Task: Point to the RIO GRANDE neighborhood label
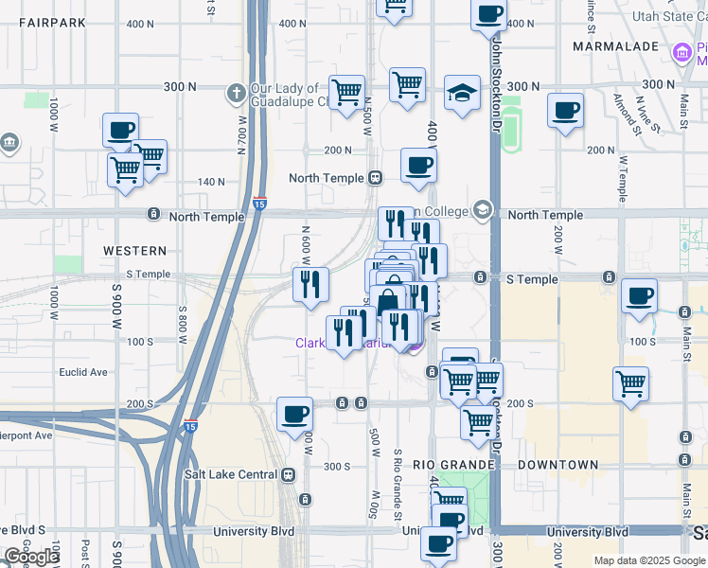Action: pos(454,465)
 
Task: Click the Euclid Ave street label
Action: pos(83,372)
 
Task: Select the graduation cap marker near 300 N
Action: pos(461,93)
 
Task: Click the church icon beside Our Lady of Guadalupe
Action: pos(236,93)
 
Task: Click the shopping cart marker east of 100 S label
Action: pos(630,383)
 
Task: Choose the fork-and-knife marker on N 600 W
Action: pos(310,283)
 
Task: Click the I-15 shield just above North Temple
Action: pos(259,204)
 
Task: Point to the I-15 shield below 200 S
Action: pos(191,426)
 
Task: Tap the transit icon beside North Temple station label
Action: pos(375,177)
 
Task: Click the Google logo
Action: pos(31,557)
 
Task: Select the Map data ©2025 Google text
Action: pos(648,560)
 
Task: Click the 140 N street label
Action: pos(211,181)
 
